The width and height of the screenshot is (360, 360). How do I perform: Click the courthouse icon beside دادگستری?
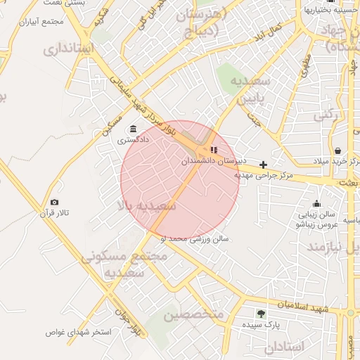click(x=133, y=129)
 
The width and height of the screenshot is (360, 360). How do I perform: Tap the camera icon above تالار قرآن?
click(x=54, y=202)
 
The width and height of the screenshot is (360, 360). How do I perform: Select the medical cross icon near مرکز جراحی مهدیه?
click(x=264, y=165)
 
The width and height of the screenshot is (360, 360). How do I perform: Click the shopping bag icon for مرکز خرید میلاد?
click(x=337, y=150)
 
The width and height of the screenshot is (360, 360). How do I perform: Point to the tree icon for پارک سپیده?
click(x=262, y=314)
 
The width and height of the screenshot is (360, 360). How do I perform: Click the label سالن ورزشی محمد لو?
click(x=195, y=239)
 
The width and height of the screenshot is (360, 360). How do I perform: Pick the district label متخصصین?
click(x=193, y=315)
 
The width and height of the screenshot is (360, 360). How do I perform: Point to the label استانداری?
click(x=68, y=50)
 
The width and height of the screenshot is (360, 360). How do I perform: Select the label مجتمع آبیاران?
click(x=53, y=22)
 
